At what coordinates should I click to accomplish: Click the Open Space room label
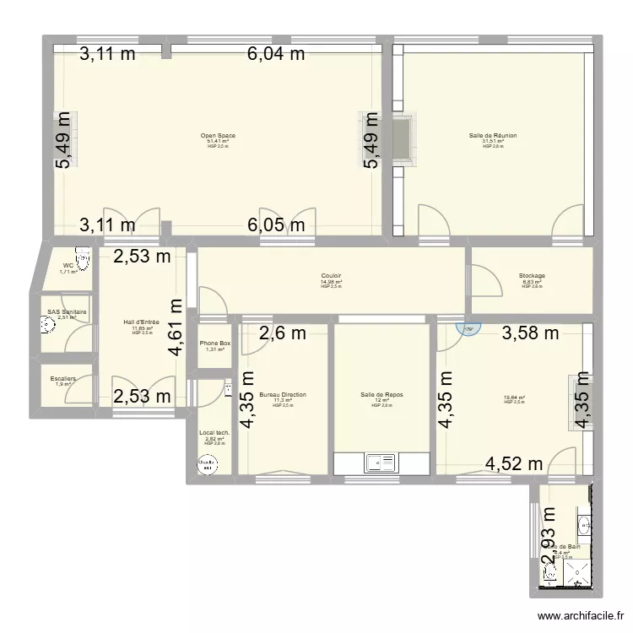click(x=218, y=135)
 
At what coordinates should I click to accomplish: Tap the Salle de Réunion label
click(x=493, y=135)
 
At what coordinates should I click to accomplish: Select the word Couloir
click(x=331, y=275)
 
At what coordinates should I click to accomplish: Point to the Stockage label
click(x=532, y=275)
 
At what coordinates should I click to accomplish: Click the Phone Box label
click(x=214, y=344)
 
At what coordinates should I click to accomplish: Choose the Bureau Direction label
click(x=283, y=394)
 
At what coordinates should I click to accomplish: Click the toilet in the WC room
click(x=83, y=257)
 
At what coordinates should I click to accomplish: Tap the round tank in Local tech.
click(x=206, y=463)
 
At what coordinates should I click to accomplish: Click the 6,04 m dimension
click(x=276, y=55)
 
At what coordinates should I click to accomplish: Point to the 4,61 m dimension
click(x=176, y=329)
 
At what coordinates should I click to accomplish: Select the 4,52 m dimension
click(x=514, y=462)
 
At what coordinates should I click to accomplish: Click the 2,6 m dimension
click(x=283, y=333)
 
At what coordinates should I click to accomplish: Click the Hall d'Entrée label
click(x=142, y=322)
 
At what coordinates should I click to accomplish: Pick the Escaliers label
click(x=63, y=379)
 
